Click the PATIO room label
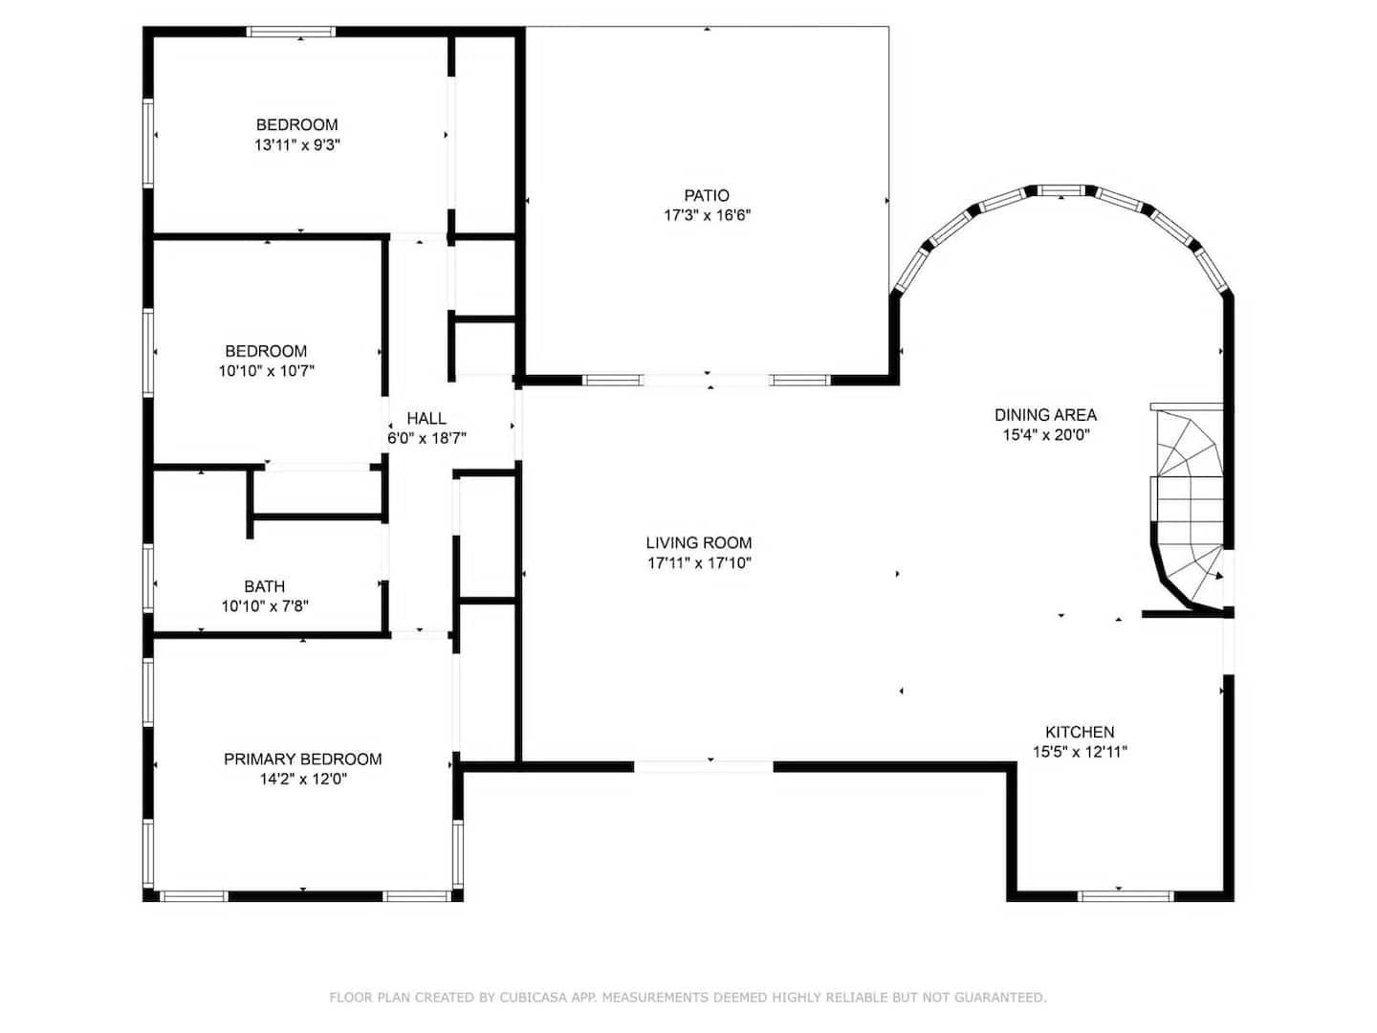[x=707, y=195]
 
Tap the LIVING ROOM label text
[x=699, y=542]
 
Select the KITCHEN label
[x=1080, y=732]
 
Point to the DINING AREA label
[x=1045, y=414]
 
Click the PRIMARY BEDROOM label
[x=302, y=758]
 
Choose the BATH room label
[x=264, y=586]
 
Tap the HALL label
[x=426, y=418]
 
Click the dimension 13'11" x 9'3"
[x=296, y=144]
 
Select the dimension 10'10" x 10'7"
[x=266, y=371]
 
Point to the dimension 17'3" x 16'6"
[x=707, y=215]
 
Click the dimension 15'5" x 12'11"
[x=1080, y=752]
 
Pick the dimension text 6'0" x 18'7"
[x=426, y=438]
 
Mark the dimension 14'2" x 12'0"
[x=303, y=779]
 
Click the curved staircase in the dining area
[x=1189, y=509]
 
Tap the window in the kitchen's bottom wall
[x=1126, y=896]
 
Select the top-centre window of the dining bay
[x=1060, y=190]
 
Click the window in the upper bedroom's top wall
[x=291, y=32]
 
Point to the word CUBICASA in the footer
[x=532, y=998]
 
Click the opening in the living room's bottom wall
[x=703, y=766]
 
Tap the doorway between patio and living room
[x=707, y=380]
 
